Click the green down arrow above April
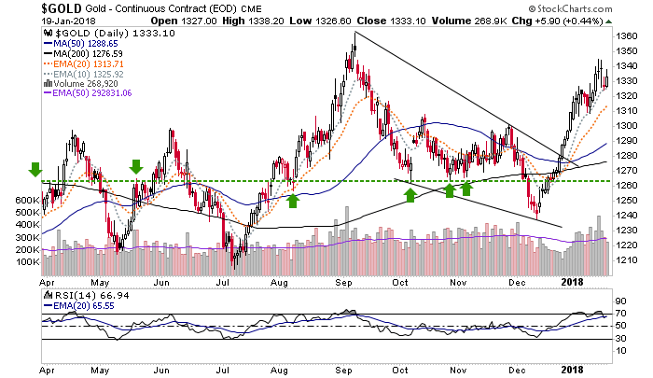point(35,168)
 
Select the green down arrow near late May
point(136,167)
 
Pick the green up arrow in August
point(293,198)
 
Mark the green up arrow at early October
point(410,194)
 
